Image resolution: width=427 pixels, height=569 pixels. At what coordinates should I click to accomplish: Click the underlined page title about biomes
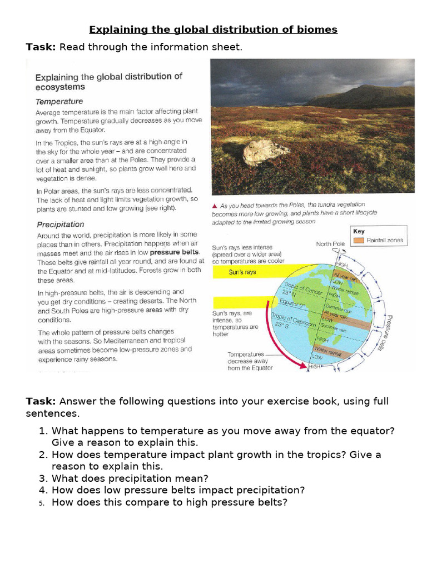213,29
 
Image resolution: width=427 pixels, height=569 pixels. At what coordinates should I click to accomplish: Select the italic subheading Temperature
59,102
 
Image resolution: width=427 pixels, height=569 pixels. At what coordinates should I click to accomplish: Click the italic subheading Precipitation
60,224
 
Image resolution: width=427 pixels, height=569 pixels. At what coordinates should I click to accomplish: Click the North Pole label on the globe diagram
332,244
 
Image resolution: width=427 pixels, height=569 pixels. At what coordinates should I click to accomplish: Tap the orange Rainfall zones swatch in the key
359,241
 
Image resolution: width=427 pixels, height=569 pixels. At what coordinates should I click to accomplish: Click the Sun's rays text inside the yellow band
243,272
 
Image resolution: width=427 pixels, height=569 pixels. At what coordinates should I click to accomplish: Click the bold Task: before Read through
41,47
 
